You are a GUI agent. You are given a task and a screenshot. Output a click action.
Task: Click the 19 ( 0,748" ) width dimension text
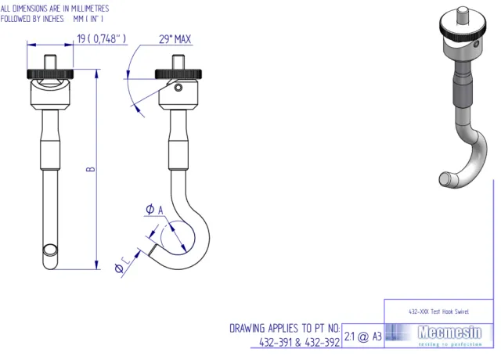[x=101, y=39]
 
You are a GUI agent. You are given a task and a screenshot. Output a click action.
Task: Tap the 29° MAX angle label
[x=175, y=39]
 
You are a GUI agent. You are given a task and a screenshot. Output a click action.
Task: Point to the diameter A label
[x=153, y=209]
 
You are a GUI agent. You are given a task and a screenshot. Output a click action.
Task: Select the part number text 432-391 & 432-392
[x=300, y=342]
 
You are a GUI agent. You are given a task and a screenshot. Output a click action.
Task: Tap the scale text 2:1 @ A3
[x=363, y=337]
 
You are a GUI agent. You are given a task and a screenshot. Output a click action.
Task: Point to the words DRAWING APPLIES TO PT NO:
[x=285, y=328]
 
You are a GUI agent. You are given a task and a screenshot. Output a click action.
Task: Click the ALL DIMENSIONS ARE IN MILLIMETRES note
[x=55, y=7]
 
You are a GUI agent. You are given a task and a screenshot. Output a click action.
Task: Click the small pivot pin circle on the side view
[x=179, y=88]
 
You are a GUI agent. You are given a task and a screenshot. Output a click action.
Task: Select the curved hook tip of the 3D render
[x=445, y=179]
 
